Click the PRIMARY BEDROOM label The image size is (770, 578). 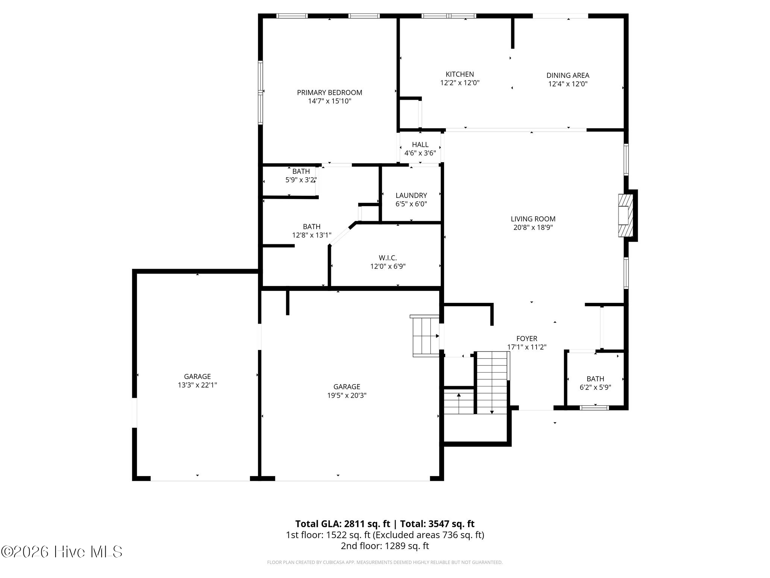329,93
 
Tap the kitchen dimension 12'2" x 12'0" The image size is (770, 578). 459,83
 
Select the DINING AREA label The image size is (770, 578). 567,75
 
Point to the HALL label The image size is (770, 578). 420,144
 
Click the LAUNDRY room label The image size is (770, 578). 411,195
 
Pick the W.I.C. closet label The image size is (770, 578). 388,258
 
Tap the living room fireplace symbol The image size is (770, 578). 626,215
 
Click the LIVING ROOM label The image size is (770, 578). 533,219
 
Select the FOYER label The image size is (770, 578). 527,338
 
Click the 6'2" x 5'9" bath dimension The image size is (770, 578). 595,387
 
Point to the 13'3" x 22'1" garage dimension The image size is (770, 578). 197,385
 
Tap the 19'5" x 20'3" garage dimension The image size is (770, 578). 347,395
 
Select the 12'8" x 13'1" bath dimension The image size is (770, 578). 312,235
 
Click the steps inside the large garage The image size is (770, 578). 426,336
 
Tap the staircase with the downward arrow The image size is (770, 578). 492,382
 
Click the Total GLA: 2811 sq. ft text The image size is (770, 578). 343,524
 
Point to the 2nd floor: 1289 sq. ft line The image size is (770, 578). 385,546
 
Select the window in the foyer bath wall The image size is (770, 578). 594,408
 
